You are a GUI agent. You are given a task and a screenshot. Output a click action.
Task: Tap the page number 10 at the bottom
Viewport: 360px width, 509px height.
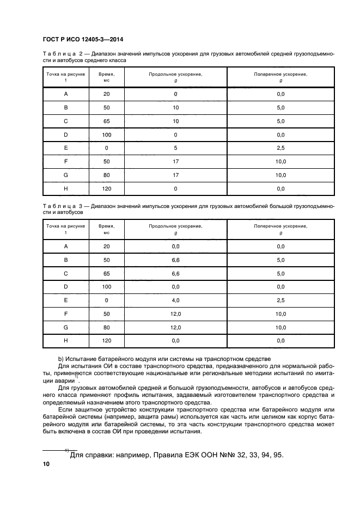46,464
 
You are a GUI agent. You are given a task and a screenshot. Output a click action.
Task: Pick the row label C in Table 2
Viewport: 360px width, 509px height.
66,121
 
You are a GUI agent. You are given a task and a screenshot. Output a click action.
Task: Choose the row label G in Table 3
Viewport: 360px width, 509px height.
66,327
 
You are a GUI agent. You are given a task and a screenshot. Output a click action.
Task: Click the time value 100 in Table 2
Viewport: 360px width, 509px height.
106,134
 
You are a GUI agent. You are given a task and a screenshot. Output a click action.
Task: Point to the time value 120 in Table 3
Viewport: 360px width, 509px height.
106,340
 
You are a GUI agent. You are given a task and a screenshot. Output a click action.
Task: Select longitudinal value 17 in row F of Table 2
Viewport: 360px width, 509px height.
175,162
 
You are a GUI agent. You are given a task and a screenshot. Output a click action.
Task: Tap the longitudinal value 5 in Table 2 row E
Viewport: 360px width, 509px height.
175,148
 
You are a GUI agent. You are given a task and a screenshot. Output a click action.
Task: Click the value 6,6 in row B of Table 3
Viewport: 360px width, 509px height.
175,260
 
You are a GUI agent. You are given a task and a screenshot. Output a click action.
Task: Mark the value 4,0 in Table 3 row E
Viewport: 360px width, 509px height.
175,300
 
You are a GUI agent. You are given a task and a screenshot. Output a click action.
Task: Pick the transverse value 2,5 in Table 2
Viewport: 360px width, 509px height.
280,148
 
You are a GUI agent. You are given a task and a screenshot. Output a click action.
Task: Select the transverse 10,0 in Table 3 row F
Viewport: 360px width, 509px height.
280,314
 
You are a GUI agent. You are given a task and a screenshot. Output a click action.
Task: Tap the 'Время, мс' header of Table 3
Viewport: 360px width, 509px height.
106,229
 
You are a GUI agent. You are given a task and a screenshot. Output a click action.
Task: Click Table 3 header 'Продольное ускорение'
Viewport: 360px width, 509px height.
175,225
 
